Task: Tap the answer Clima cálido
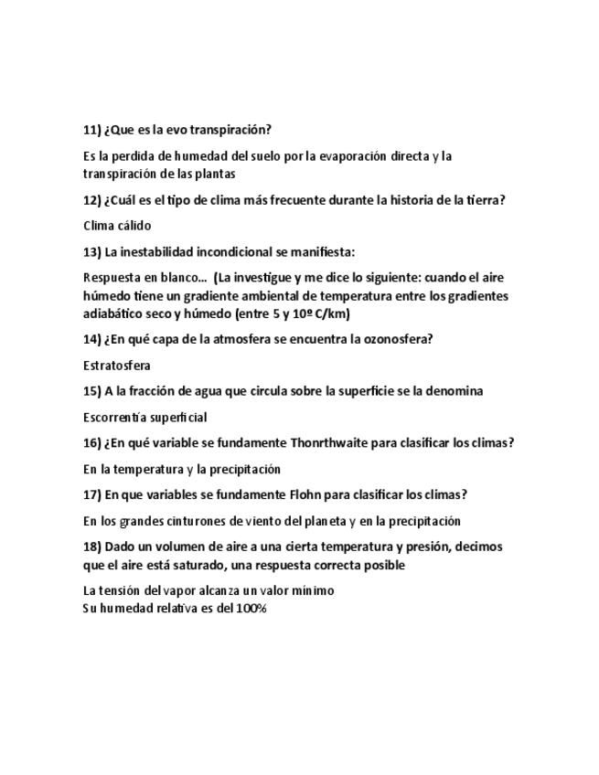coord(116,225)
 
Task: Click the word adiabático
coord(114,314)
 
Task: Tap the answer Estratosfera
coord(117,366)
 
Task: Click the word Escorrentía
coord(115,418)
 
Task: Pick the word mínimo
coord(313,590)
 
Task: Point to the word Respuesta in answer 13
coord(112,277)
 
